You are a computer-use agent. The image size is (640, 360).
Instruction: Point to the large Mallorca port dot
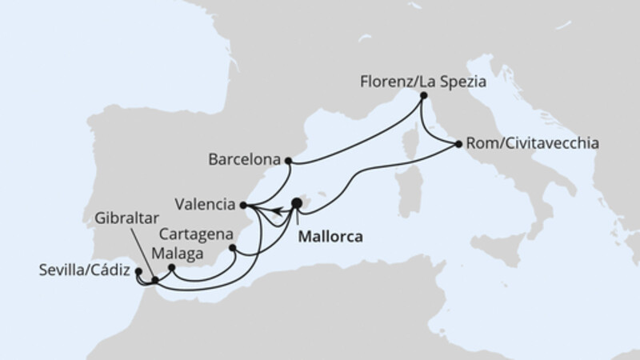pyautogui.click(x=297, y=204)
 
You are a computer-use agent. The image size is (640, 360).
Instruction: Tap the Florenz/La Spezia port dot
pyautogui.click(x=423, y=98)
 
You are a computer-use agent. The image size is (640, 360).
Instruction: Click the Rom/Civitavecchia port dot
pyautogui.click(x=458, y=145)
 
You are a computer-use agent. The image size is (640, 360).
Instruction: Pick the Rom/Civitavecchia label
pyautogui.click(x=529, y=145)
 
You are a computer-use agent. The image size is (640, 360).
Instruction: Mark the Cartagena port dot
pyautogui.click(x=233, y=248)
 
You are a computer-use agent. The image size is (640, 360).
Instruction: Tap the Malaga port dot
pyautogui.click(x=171, y=267)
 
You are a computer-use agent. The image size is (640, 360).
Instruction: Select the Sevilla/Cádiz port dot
pyautogui.click(x=138, y=271)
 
